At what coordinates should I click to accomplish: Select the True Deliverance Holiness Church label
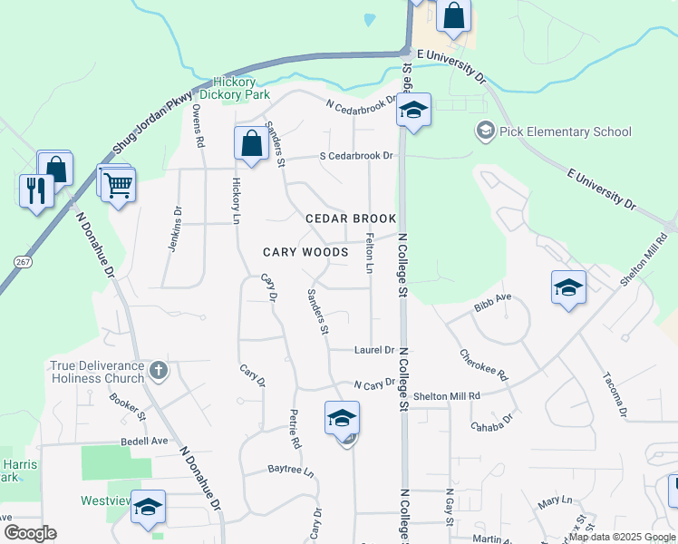pos(97,372)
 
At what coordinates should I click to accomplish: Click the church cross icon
pos(159,369)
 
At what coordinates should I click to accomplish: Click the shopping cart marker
pos(118,185)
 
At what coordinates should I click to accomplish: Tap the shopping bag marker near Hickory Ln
pos(251,143)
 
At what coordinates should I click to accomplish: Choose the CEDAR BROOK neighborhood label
pos(351,219)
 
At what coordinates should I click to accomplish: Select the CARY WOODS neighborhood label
pos(305,252)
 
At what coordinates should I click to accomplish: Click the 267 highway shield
pos(24,261)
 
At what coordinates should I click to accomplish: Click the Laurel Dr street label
pos(373,350)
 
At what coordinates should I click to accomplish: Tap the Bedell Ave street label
pos(145,442)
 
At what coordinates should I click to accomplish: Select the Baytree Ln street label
pos(290,471)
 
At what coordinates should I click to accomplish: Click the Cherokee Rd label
pos(483,365)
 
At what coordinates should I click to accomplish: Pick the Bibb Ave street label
pos(492,303)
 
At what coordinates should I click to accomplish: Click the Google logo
pos(30,533)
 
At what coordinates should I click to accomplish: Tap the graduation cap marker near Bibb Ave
pos(568,287)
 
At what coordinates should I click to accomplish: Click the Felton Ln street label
pos(369,253)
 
